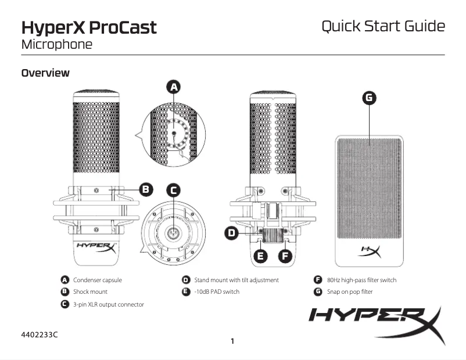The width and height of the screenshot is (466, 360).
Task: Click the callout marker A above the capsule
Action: [173, 87]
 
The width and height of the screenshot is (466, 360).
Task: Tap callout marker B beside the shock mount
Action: [146, 189]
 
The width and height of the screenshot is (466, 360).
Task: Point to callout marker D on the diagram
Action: [232, 233]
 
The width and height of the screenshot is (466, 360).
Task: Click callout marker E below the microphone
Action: [261, 255]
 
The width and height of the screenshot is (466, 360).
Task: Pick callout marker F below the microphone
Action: [285, 255]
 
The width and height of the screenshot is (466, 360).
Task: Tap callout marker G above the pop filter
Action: [368, 98]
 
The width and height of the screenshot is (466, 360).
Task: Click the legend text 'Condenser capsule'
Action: [98, 280]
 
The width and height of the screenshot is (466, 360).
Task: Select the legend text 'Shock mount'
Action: [90, 291]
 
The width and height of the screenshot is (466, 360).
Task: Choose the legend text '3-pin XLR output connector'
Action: [109, 304]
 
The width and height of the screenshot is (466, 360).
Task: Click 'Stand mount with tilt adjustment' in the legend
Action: [236, 280]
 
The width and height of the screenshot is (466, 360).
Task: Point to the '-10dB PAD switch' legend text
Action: [217, 291]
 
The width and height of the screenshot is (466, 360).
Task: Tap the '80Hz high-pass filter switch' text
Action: [362, 280]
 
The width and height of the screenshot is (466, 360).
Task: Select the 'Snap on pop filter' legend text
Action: [350, 291]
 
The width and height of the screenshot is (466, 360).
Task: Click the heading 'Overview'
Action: [45, 73]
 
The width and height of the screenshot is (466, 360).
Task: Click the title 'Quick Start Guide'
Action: [383, 26]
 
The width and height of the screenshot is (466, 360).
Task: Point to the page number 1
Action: [232, 341]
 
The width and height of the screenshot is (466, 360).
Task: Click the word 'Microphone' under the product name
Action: [56, 44]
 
